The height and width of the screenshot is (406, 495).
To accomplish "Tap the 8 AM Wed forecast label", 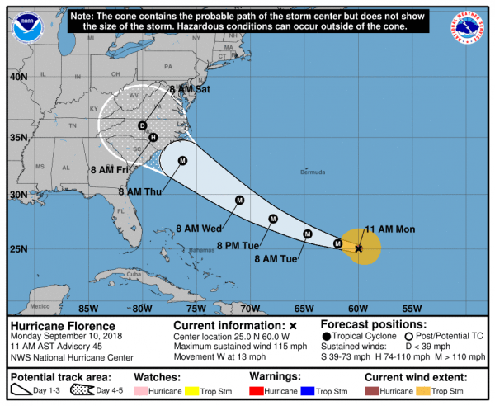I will tap(196, 228).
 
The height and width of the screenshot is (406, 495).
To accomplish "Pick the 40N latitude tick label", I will tap(18, 77).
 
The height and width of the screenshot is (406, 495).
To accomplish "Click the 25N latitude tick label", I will tap(18, 248).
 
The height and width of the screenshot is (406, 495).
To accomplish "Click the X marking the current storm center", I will tap(359, 248).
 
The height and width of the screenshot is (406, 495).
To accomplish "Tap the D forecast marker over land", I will tap(142, 125).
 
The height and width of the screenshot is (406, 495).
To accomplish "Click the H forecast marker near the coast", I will tap(153, 137).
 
